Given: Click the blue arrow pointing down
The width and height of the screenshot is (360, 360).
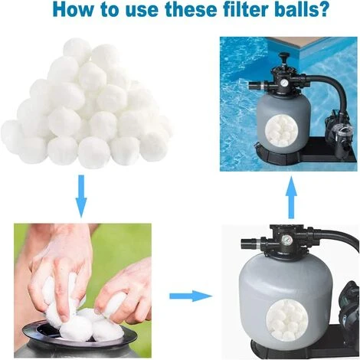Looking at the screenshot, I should click(x=81, y=195).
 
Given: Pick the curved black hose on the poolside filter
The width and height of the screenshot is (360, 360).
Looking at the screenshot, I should click(x=326, y=84).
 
